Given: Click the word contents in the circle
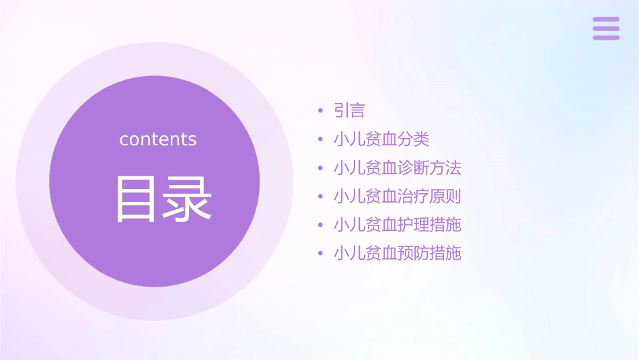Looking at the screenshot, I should tap(158, 139).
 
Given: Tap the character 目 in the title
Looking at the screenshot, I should tap(135, 199).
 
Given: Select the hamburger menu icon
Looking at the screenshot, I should tap(605, 28).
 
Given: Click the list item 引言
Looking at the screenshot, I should tap(349, 110).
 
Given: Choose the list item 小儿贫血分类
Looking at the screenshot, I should tap(381, 139).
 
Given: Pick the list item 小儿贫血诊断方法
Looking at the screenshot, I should tap(398, 168).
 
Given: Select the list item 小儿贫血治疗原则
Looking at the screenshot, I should tap(398, 196).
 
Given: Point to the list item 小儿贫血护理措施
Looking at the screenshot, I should tap(398, 225).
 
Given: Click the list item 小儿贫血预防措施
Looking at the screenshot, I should tap(398, 254).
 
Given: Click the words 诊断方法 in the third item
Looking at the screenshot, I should tap(429, 168).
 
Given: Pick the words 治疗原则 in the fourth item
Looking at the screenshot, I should tap(429, 196).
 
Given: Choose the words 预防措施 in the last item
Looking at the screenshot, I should tap(429, 254).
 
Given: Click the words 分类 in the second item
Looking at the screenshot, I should tap(414, 139).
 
